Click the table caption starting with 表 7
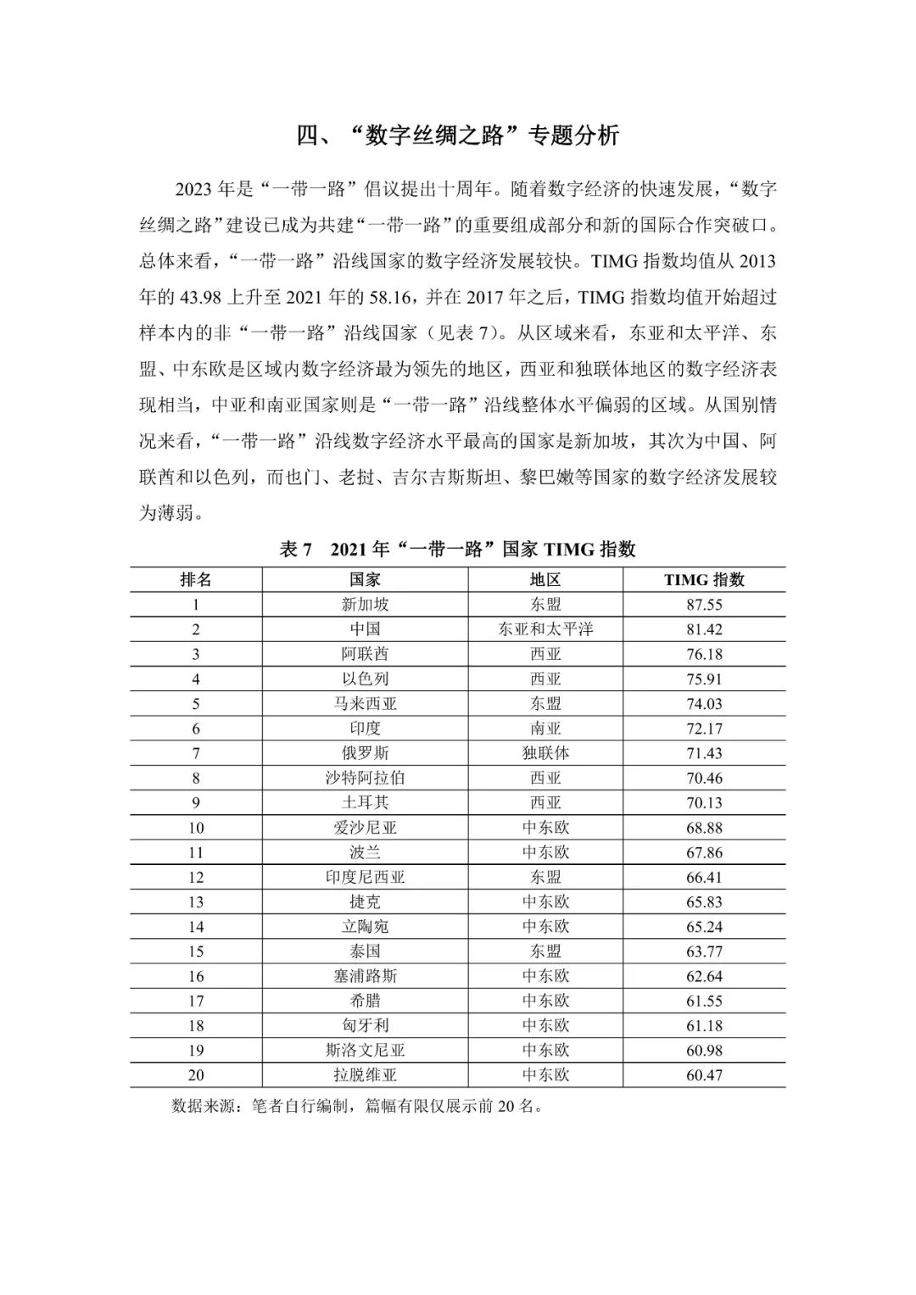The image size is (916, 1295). (x=458, y=550)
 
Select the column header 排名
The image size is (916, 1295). (x=196, y=580)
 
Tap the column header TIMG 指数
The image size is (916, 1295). (x=704, y=580)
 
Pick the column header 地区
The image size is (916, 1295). (x=545, y=580)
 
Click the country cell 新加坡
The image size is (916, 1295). (x=365, y=605)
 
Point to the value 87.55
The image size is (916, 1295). (x=704, y=605)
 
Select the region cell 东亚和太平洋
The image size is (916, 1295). (x=545, y=629)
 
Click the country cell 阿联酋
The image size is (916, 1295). (x=365, y=654)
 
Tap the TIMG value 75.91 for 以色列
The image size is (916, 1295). (x=704, y=678)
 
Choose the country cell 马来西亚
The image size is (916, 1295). (x=365, y=704)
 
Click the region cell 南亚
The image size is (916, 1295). (x=545, y=728)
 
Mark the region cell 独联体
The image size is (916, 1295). (x=545, y=753)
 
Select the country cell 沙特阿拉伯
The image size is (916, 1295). (x=365, y=778)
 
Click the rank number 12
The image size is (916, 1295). (x=196, y=877)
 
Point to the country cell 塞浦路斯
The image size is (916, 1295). (x=365, y=976)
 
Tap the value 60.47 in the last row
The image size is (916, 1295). (x=704, y=1075)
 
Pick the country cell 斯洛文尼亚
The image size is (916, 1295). (x=365, y=1051)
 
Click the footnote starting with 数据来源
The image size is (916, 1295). (x=356, y=1106)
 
